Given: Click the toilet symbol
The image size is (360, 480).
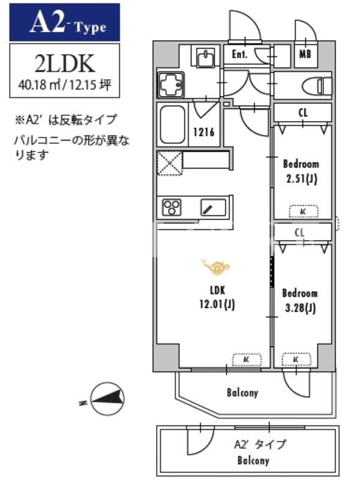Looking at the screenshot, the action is point(317,86).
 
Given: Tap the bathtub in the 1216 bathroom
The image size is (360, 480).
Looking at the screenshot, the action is point(173,125).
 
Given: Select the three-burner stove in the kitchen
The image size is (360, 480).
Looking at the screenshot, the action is point(172,207).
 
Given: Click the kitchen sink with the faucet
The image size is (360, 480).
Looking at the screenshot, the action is point(214,208).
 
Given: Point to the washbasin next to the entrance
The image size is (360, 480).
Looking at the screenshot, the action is point(206,58).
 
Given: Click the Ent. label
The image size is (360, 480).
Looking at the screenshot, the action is point(239,55).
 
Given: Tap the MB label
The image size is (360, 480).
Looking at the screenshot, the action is point(305,55).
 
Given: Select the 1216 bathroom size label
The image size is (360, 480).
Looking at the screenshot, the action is point(203,132).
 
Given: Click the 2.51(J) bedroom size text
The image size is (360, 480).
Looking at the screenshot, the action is point(302,178).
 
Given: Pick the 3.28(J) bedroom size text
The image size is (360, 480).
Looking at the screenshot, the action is point(301,308).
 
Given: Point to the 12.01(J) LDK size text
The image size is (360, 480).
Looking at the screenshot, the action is point(217,304).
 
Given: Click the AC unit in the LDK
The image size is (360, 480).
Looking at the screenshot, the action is point(247,359).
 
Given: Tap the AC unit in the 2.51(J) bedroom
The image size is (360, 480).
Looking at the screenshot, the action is point(304,212).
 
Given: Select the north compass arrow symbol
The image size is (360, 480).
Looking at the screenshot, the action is point(107,398).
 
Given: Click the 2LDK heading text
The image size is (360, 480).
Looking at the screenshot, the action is point(65,64).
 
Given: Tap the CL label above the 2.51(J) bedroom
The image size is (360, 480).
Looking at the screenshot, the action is point(303,113).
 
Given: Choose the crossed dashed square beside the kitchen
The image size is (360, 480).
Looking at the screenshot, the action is point(170,163).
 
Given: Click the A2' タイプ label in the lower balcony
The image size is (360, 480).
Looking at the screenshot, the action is point(260,444).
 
